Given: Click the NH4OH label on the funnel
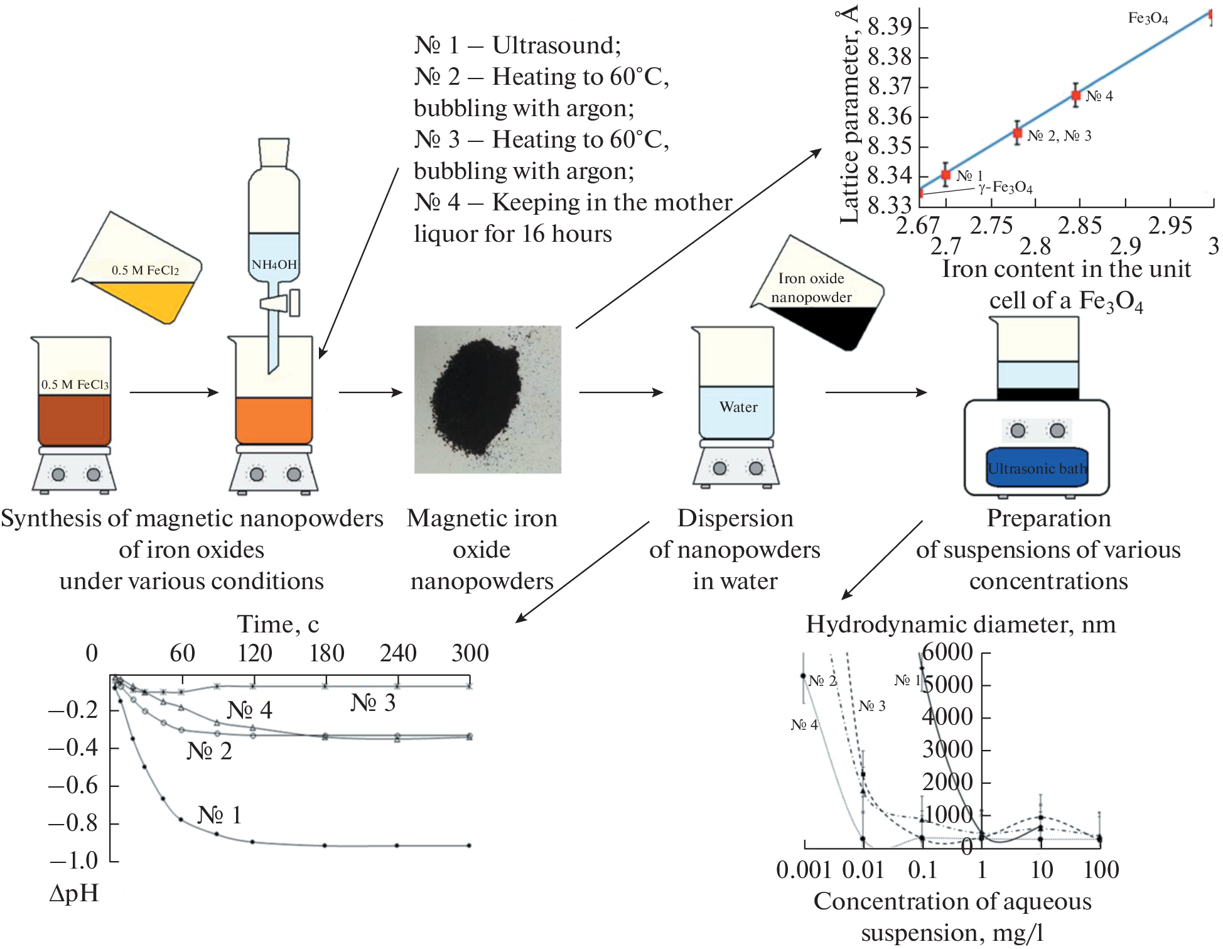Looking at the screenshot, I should [x=274, y=264].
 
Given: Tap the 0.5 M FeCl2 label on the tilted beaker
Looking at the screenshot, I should [x=145, y=270].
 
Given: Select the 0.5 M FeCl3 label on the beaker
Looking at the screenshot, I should [x=75, y=384].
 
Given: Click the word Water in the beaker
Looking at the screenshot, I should [x=738, y=407].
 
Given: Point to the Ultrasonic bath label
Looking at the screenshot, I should [x=1037, y=469].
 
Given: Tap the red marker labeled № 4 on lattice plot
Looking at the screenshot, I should [x=1076, y=95].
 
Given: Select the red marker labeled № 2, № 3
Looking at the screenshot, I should [x=1018, y=133].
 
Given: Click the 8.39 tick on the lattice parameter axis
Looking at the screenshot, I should [x=890, y=26].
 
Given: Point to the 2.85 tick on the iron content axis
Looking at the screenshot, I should [x=1080, y=225].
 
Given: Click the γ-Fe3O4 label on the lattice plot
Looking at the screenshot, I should [x=1005, y=187].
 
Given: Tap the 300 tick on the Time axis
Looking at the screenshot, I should [x=470, y=653].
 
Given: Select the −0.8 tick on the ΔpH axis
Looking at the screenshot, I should [x=73, y=823].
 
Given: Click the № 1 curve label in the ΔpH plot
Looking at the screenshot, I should [x=220, y=815].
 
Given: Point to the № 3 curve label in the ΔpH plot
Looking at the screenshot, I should [x=373, y=703].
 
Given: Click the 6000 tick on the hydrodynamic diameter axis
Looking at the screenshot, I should [x=947, y=652].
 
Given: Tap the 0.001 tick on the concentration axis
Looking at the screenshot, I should [x=804, y=870].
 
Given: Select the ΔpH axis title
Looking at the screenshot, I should [x=74, y=893].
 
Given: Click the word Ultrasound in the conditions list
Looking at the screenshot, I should [x=556, y=45].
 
